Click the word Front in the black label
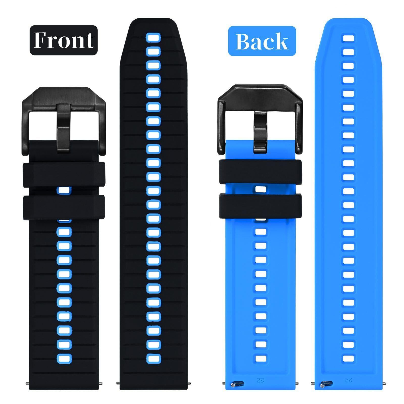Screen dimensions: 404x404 pos(63,40)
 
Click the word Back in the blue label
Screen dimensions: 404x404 pos(262,41)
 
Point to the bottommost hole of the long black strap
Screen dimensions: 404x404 pos(153,358)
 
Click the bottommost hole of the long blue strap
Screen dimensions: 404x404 pos(348,358)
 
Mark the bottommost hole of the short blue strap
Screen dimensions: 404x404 pos(261,358)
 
